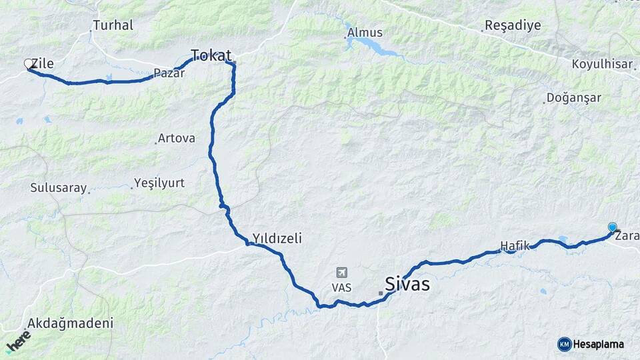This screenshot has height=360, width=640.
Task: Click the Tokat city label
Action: (211, 55)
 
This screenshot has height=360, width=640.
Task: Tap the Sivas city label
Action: (407, 285)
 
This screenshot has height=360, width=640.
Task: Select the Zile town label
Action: (42, 63)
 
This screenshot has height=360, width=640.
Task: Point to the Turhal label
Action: (113, 25)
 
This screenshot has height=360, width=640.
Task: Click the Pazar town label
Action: (169, 73)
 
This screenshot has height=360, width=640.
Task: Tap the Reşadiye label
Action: (512, 26)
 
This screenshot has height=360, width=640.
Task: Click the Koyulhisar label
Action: (602, 64)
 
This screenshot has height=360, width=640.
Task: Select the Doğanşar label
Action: (573, 98)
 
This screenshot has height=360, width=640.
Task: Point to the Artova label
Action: (177, 139)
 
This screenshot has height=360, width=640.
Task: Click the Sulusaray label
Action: (59, 188)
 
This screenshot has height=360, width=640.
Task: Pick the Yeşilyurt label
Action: (159, 183)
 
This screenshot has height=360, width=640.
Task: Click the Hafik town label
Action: (515, 245)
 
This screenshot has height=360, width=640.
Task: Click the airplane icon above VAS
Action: (342, 273)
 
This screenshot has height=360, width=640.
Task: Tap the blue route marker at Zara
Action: (613, 227)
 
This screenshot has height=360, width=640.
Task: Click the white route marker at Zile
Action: (29, 64)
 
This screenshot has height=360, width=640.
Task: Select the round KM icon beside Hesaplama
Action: (564, 344)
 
